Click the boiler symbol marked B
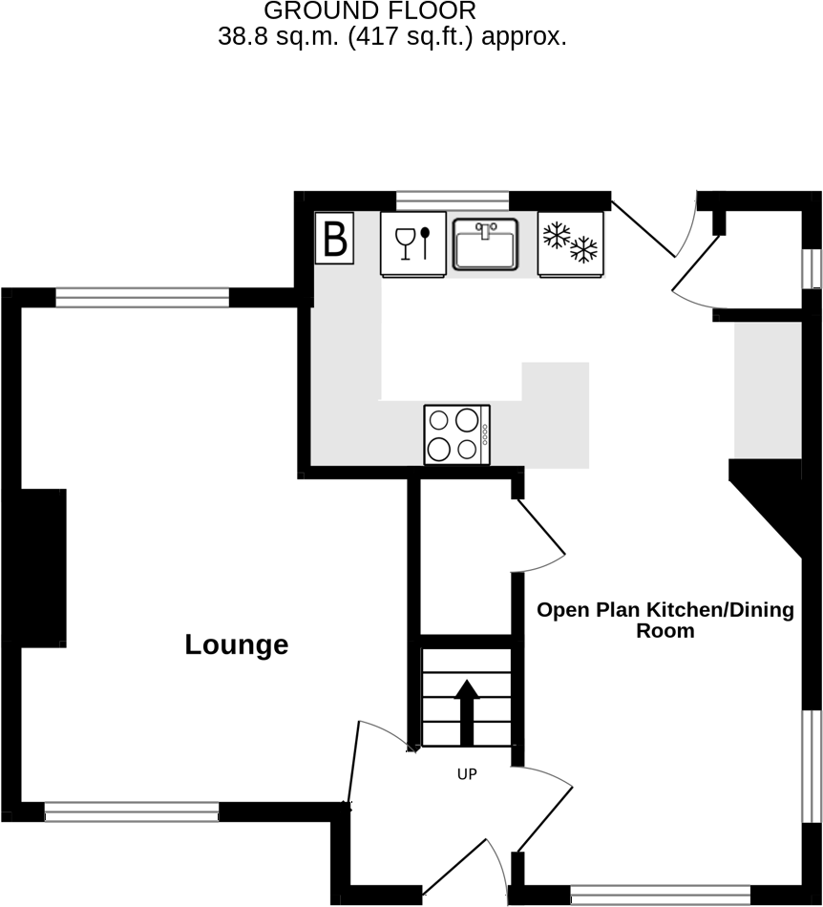(x=335, y=239)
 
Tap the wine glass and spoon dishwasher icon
(x=413, y=243)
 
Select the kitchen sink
(x=485, y=243)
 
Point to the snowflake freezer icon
(x=570, y=243)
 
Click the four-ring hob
(x=456, y=434)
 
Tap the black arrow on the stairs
(x=467, y=711)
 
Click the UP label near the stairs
(x=466, y=774)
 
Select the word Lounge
(x=236, y=644)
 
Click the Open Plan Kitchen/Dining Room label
(x=665, y=620)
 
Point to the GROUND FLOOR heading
(x=369, y=11)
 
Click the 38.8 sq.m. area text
(x=392, y=37)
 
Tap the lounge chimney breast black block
(x=43, y=568)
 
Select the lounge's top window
(x=142, y=298)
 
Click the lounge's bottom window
(x=132, y=812)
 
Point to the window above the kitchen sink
(x=453, y=200)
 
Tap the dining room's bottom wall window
(x=661, y=895)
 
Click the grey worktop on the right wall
(x=767, y=390)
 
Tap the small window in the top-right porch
(x=812, y=268)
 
